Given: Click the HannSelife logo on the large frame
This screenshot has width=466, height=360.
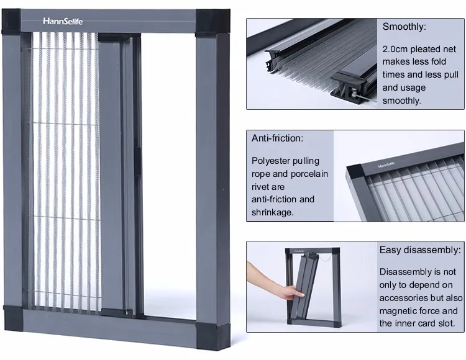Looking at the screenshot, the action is [x=63, y=21].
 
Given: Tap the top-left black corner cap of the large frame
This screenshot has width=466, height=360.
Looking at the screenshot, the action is [x=11, y=21].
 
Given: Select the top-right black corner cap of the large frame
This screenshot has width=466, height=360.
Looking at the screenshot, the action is [x=212, y=23].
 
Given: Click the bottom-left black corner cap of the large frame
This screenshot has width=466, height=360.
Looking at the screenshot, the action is [x=14, y=318].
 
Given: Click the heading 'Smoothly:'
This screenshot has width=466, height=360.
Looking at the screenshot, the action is [x=404, y=27].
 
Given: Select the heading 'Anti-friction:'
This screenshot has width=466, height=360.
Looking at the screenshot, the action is [x=277, y=138].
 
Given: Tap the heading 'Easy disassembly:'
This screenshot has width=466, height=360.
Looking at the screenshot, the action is [x=420, y=250].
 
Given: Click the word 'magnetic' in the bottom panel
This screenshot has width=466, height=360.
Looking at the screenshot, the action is [x=397, y=311].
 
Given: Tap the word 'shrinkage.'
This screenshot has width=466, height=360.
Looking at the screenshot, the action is [x=272, y=212].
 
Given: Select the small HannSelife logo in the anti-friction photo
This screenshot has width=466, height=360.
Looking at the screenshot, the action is [x=386, y=164].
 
